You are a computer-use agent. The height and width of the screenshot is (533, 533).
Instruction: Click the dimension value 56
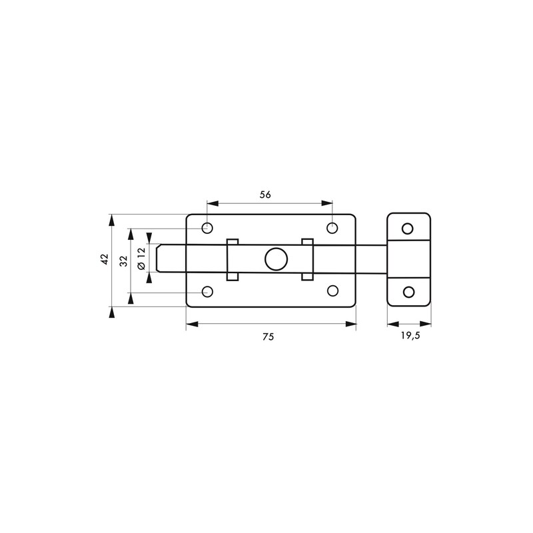tap(265, 195)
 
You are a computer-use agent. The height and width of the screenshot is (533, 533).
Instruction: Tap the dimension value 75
tap(268, 336)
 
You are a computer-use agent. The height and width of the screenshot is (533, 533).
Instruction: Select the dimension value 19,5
tap(410, 336)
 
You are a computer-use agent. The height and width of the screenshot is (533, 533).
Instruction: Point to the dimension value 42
tap(105, 259)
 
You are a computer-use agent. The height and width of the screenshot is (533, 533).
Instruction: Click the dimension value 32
tap(124, 261)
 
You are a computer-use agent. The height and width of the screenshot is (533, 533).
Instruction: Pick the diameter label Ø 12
tap(141, 259)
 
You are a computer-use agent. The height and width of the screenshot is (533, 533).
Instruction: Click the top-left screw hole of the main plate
tap(207, 228)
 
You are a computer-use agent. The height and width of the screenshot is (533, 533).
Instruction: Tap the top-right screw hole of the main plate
tap(332, 228)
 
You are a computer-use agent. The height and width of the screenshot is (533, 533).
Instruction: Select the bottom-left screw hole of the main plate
tap(207, 292)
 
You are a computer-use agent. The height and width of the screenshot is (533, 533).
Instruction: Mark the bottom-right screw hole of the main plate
tap(332, 291)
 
